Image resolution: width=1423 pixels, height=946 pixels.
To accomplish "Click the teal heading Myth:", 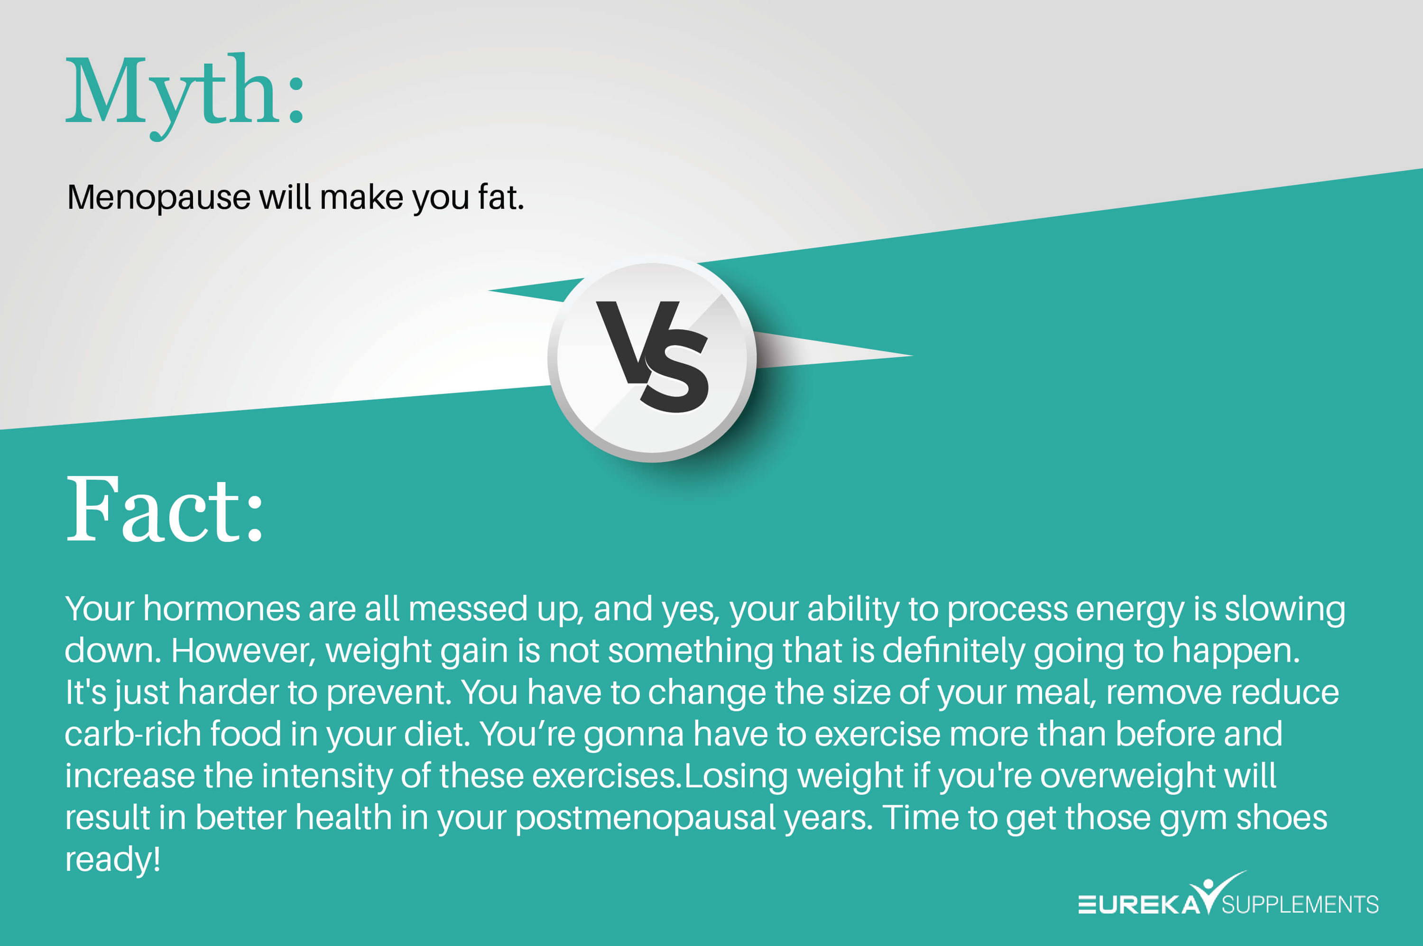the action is (185, 96).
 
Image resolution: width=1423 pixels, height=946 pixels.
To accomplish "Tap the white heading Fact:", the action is (165, 510).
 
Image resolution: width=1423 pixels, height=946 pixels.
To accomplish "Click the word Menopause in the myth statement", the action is (158, 198).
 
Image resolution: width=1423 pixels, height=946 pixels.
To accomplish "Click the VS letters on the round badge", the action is (653, 357).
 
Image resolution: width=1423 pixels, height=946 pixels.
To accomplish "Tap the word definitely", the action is (953, 651).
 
